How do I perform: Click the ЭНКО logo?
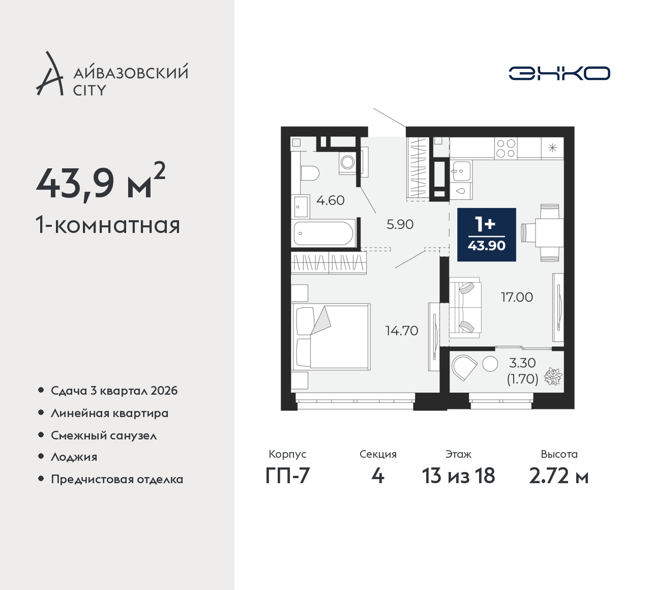click(559, 73)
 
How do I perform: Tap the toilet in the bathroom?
click(310, 173)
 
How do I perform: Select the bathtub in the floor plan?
click(323, 233)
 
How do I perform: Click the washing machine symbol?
click(347, 162)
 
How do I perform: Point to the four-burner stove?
click(506, 148)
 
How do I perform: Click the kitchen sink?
click(461, 171)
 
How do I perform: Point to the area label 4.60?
click(331, 200)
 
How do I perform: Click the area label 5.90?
click(400, 224)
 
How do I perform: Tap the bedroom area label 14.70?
click(402, 331)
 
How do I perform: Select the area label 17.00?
click(517, 297)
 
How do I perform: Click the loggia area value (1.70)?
click(522, 379)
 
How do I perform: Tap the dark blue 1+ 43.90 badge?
click(486, 234)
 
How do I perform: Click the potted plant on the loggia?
click(553, 376)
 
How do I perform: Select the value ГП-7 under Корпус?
click(287, 476)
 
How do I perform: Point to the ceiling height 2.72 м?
click(558, 476)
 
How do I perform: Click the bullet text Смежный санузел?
click(104, 435)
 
